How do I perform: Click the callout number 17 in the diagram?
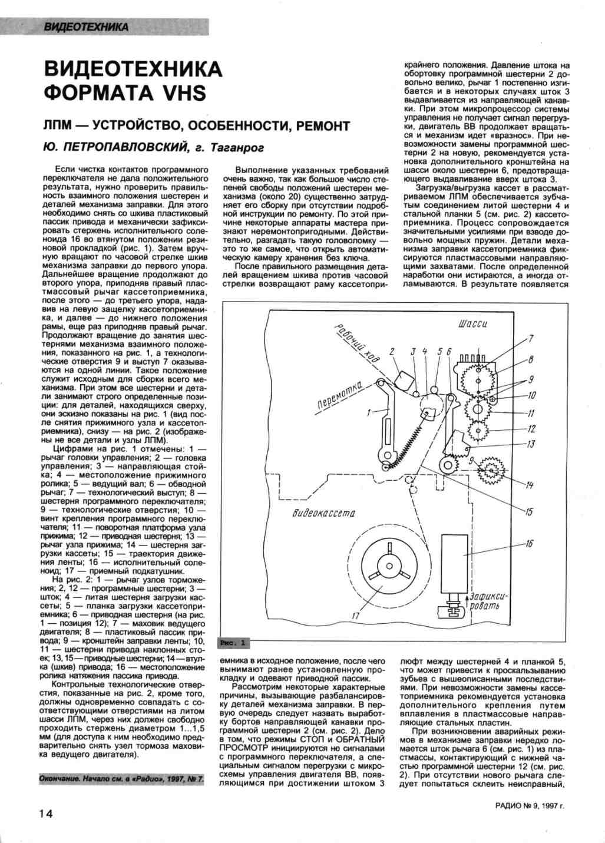[355, 616]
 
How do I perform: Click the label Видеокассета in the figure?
[323, 513]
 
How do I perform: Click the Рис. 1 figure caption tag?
[234, 642]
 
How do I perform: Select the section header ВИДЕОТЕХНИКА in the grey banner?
[86, 27]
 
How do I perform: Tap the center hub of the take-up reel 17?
[389, 566]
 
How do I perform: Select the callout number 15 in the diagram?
[529, 511]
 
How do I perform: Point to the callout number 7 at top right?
[531, 338]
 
